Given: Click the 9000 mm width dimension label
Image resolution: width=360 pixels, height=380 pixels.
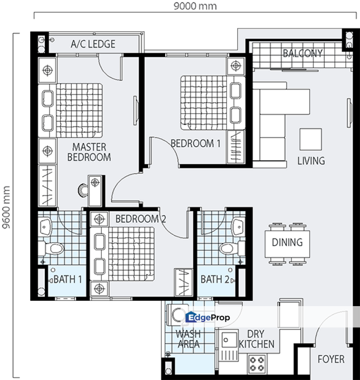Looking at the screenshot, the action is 195,6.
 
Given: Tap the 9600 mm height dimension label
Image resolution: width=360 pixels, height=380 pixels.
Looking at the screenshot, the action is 6,207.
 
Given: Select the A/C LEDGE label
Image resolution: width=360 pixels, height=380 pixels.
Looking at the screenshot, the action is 93,44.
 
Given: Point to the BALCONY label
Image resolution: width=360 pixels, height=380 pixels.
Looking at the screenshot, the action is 303,53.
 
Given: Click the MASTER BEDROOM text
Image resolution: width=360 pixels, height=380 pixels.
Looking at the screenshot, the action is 89,152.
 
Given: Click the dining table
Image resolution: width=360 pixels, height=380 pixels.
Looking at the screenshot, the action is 287,244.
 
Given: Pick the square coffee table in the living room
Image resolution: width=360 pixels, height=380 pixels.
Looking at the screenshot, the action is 311,139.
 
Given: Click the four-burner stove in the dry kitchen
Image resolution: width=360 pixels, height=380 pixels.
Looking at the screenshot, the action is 257,364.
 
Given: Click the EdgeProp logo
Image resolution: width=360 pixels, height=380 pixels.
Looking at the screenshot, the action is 207,317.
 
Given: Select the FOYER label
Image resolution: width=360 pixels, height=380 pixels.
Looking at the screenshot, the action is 331,359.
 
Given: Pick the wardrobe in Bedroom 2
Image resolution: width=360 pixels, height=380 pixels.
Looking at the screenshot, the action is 184,282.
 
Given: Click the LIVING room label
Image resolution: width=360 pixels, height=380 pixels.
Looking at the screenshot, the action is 311,161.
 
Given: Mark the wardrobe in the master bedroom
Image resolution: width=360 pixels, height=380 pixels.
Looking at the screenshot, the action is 48,186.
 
